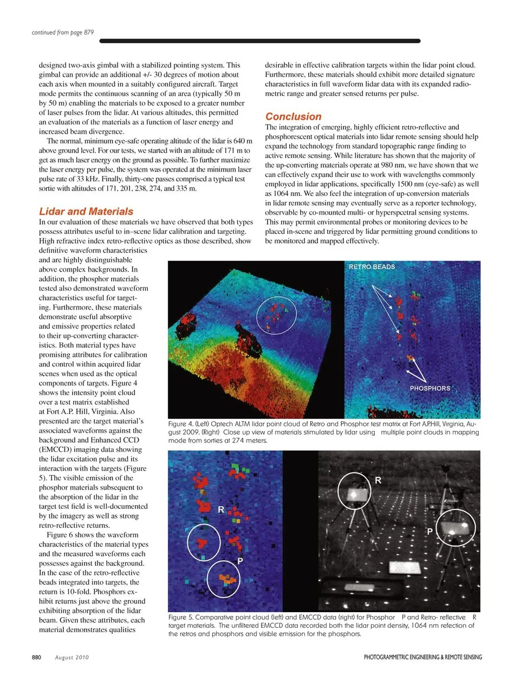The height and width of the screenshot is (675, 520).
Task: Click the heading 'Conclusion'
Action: coord(293,116)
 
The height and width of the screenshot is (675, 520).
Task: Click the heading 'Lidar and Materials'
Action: coord(86,212)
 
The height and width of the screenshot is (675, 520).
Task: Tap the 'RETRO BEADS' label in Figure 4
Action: coord(372,267)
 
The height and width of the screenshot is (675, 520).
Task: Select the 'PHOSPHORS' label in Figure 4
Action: coord(430,388)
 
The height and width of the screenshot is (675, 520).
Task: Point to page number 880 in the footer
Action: coord(36,657)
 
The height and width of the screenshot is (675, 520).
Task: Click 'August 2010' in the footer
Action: coord(72,657)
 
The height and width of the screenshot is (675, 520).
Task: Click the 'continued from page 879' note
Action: coord(63,32)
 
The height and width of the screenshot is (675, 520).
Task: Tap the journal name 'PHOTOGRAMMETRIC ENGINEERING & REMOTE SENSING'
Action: coord(422,657)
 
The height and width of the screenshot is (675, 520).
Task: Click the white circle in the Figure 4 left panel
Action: coord(276,313)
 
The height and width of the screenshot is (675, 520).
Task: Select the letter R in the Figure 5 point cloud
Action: coord(221,510)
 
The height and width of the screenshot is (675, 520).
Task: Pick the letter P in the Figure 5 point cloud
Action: coord(240,561)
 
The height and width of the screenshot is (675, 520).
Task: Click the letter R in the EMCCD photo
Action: coord(378,480)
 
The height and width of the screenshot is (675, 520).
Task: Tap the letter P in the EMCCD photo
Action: coord(430,532)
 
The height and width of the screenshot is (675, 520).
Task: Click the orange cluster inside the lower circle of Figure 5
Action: coord(228,580)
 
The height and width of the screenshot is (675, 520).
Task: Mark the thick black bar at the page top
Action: coord(260,41)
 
